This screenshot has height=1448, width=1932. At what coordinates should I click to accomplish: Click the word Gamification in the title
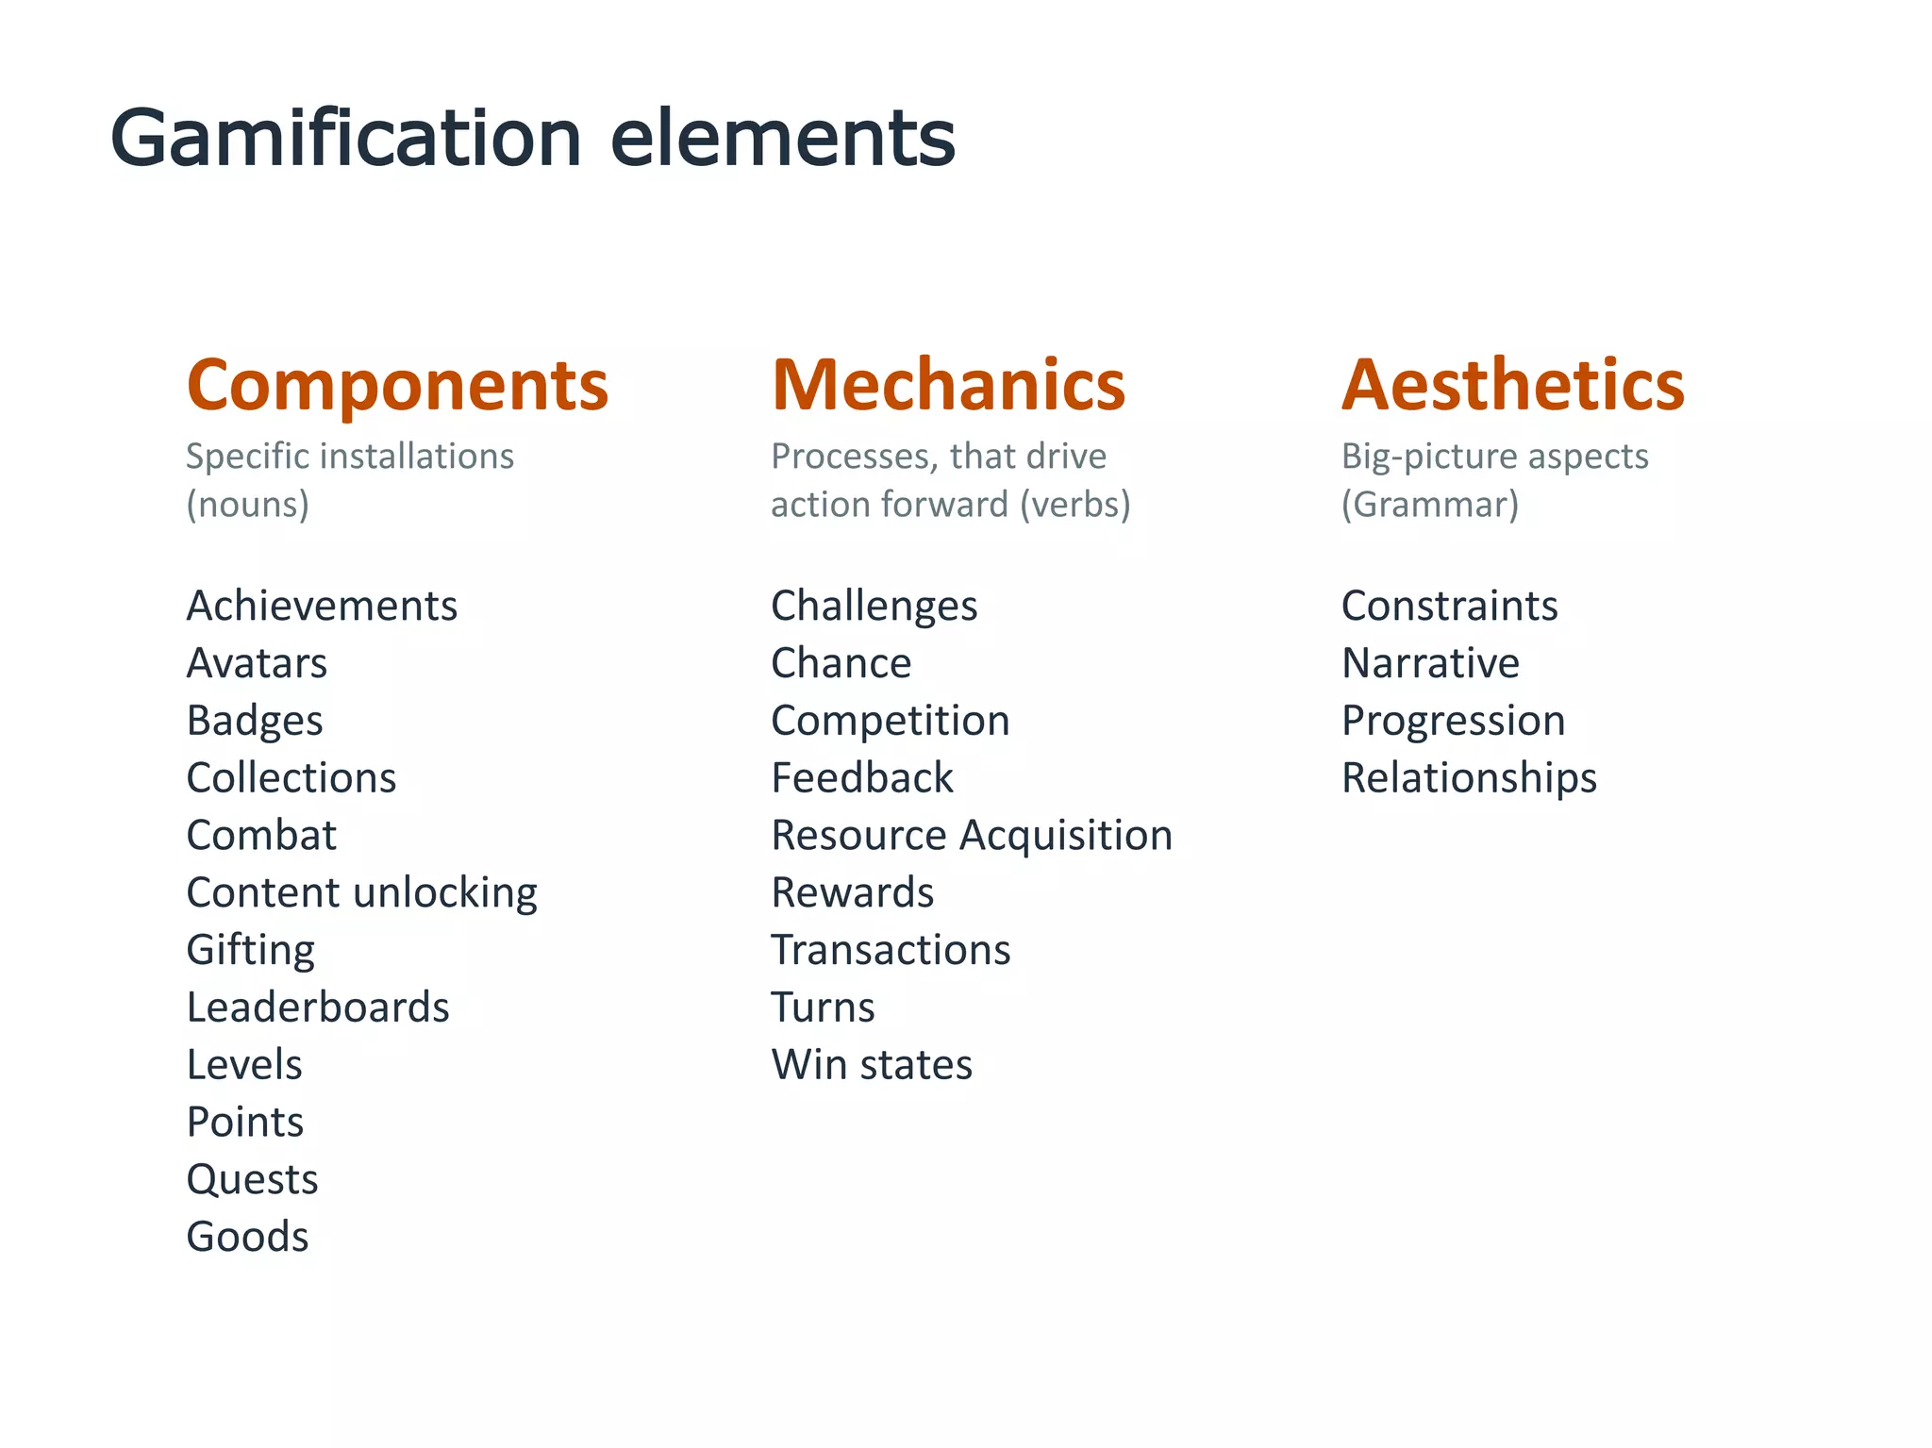[345, 139]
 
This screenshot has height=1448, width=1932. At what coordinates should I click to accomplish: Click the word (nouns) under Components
[247, 505]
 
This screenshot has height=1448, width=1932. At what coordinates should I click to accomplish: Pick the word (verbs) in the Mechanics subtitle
[1074, 505]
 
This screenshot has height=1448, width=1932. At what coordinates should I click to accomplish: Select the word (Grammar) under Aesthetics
[1429, 505]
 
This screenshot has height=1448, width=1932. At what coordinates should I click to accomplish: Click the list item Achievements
[322, 606]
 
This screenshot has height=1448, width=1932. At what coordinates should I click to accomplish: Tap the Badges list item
[255, 722]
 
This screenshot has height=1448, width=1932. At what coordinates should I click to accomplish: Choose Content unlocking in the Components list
[361, 893]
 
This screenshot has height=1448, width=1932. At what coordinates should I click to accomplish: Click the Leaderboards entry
[318, 1007]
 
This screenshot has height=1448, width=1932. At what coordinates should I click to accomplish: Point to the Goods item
[247, 1237]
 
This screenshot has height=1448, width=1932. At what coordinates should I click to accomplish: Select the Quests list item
[252, 1180]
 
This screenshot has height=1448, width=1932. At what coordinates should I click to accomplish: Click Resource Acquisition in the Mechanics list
[971, 836]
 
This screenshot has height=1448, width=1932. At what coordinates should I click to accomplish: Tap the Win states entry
[871, 1065]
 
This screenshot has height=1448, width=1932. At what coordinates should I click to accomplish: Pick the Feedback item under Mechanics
[861, 778]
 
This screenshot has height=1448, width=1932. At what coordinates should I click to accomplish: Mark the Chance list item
[841, 663]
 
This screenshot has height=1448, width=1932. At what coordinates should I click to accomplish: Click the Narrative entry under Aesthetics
[1430, 663]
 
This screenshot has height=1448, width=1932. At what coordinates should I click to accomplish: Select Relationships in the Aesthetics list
[1469, 778]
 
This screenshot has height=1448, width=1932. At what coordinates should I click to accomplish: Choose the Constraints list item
[1449, 606]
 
